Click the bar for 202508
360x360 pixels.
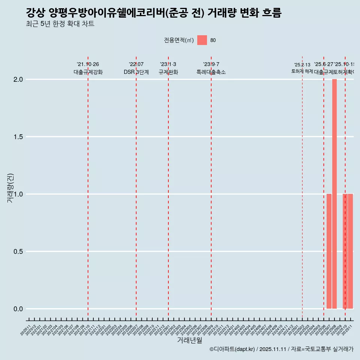(334, 194)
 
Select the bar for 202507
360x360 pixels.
(329, 251)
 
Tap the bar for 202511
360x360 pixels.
(350, 251)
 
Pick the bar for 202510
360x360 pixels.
(345, 251)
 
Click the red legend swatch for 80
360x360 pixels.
(202, 40)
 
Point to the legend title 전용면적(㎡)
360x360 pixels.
(179, 40)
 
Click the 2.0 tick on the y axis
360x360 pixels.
(18, 79)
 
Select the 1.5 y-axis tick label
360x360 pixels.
(18, 137)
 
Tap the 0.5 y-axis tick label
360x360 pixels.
(18, 252)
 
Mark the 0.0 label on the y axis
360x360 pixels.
(18, 309)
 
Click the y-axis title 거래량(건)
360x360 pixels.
(10, 187)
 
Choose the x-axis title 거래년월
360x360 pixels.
(189, 340)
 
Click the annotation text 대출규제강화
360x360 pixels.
(88, 72)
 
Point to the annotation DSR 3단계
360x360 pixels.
(136, 72)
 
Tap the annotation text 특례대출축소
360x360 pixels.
(211, 72)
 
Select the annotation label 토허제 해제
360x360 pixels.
(302, 71)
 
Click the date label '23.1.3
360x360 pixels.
(168, 64)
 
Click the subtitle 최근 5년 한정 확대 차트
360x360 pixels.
(60, 24)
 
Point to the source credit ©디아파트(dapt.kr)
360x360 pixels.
(232, 349)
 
